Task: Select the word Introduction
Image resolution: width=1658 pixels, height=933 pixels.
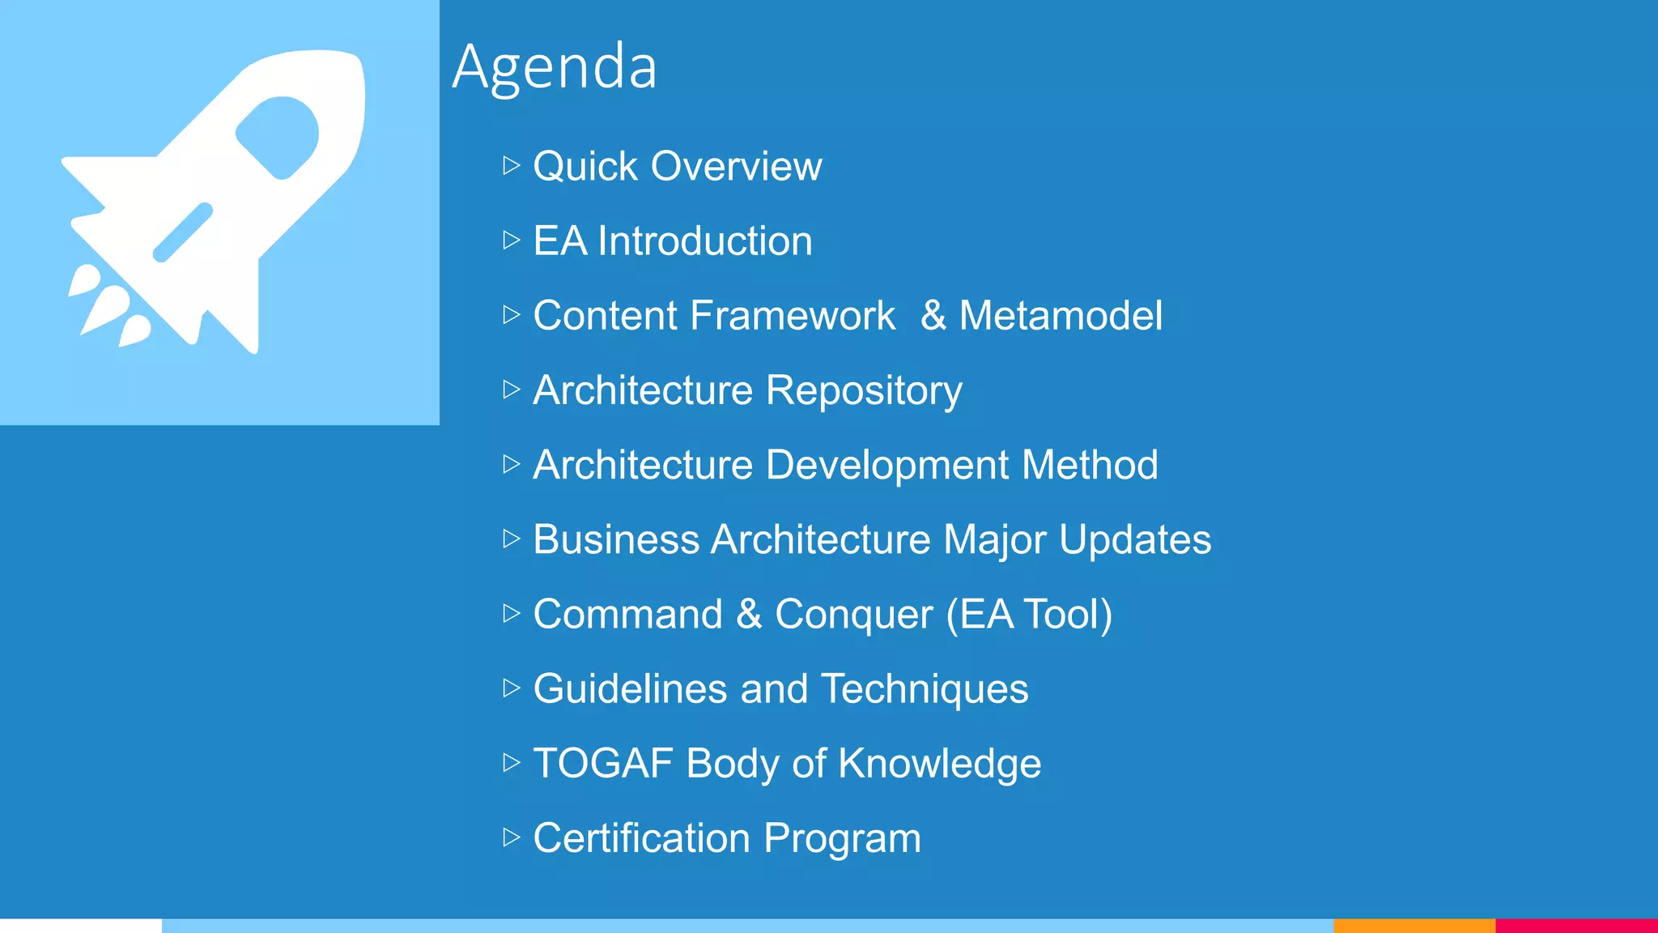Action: pos(704,241)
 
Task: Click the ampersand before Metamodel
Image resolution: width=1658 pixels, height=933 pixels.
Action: pos(933,316)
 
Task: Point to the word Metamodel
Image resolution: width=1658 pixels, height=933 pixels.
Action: pos(1061,316)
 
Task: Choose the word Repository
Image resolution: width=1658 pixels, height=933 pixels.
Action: pos(864,391)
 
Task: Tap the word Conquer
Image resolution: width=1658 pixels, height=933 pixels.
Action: pos(853,615)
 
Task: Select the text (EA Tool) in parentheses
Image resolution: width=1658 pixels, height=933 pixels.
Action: pos(1029,615)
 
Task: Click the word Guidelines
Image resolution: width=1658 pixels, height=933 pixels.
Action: pos(630,689)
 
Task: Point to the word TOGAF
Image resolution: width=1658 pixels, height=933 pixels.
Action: pos(603,764)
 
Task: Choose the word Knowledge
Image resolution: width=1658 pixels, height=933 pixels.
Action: pos(939,764)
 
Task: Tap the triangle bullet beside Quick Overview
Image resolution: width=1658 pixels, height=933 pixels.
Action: pos(511,166)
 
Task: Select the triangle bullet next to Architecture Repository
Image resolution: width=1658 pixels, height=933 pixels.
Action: pos(511,390)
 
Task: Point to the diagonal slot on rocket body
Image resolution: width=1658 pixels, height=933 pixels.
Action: pos(183,232)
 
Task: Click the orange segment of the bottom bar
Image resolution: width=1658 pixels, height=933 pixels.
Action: pos(1414,926)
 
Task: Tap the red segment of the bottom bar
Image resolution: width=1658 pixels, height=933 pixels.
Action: pos(1576,926)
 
